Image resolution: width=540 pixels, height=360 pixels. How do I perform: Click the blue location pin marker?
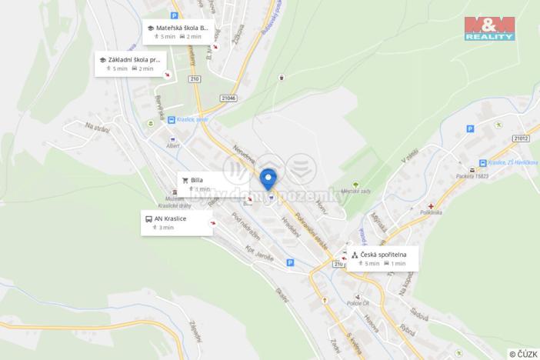tap(268, 178)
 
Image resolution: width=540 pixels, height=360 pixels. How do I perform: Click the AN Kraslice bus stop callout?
tap(177, 222)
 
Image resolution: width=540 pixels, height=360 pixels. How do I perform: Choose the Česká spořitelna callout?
tap(382, 258)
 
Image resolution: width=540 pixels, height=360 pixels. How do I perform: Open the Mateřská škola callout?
tap(176, 32)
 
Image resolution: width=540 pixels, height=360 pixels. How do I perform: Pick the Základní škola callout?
tap(130, 63)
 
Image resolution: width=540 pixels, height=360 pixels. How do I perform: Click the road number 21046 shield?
tap(229, 98)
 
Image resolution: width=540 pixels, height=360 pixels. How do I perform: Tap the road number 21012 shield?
tap(521, 138)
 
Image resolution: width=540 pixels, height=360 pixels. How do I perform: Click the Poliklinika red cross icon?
tap(432, 206)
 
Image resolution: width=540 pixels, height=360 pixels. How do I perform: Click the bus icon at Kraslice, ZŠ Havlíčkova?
tap(483, 162)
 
